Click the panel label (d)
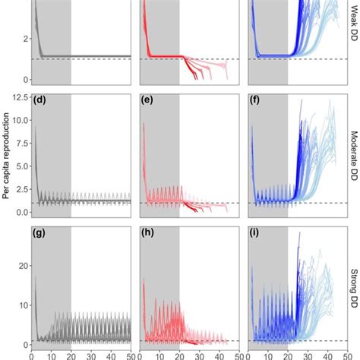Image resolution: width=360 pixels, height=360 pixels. pyautogui.click(x=39, y=99)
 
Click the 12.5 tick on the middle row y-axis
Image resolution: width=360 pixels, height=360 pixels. pyautogui.click(x=17, y=95)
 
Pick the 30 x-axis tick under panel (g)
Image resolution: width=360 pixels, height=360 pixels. pyautogui.click(x=90, y=355)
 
